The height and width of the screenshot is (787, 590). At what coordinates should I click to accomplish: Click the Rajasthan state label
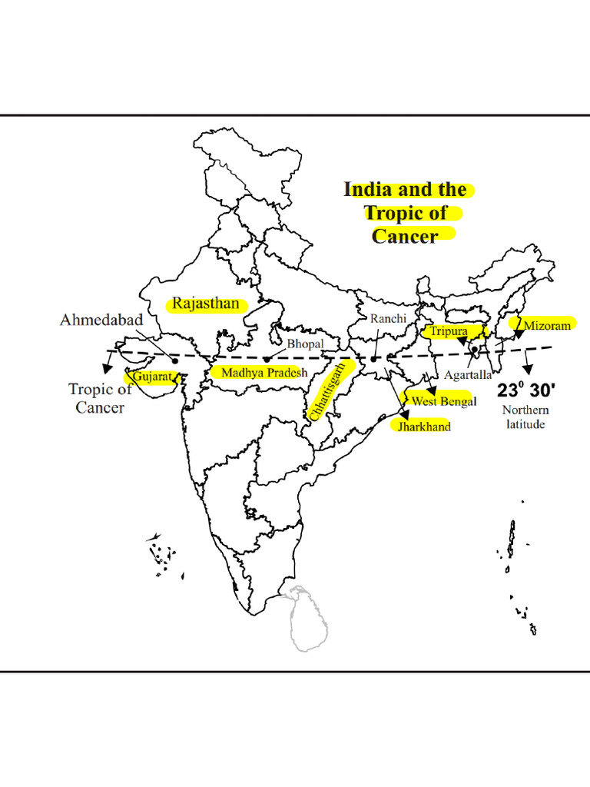[206, 304]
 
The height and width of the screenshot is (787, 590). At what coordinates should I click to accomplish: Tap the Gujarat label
[151, 377]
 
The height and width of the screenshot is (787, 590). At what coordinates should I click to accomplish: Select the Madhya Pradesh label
[264, 373]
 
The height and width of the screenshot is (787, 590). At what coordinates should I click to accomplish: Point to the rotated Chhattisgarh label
[327, 390]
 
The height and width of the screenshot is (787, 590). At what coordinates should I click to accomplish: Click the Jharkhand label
[423, 427]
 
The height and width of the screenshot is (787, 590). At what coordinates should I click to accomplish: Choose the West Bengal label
[444, 401]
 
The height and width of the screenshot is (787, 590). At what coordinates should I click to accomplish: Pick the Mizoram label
[547, 326]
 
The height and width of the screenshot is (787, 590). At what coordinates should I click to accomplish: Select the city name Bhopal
[306, 344]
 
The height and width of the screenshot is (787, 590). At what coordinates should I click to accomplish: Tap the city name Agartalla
[468, 376]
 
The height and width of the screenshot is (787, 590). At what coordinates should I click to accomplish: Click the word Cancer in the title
[404, 235]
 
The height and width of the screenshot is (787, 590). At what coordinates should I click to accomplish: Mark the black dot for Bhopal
[266, 359]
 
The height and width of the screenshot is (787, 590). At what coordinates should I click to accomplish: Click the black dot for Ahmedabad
[175, 360]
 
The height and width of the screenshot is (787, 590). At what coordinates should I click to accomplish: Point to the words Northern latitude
[525, 417]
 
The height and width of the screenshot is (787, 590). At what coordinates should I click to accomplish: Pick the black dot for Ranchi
[373, 359]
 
